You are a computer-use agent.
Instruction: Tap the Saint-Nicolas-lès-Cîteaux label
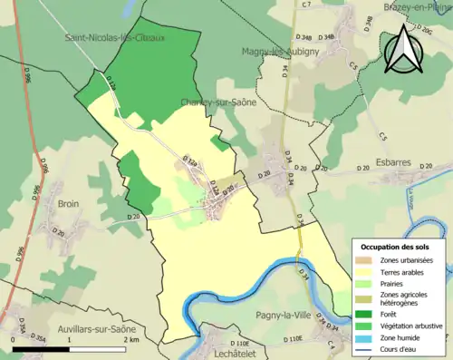[114, 38]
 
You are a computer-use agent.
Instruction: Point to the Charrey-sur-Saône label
[218, 102]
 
